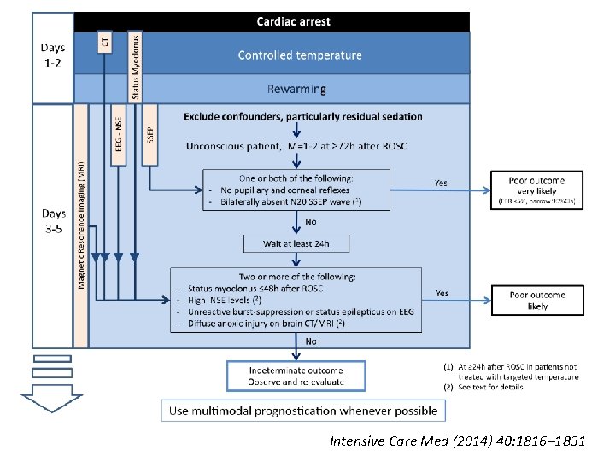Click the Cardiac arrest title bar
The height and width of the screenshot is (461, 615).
(294, 21)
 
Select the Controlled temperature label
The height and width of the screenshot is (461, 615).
(299, 55)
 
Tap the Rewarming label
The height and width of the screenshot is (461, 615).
(299, 89)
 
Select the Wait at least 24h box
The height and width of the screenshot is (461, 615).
(296, 244)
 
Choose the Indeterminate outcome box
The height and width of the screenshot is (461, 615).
(296, 376)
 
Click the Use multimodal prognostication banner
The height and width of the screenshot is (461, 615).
(303, 411)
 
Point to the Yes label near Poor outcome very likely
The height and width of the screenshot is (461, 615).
(441, 183)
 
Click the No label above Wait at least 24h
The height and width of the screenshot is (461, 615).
(311, 220)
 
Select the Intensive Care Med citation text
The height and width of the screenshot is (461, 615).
(457, 441)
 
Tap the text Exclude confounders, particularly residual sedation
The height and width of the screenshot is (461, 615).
(302, 116)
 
